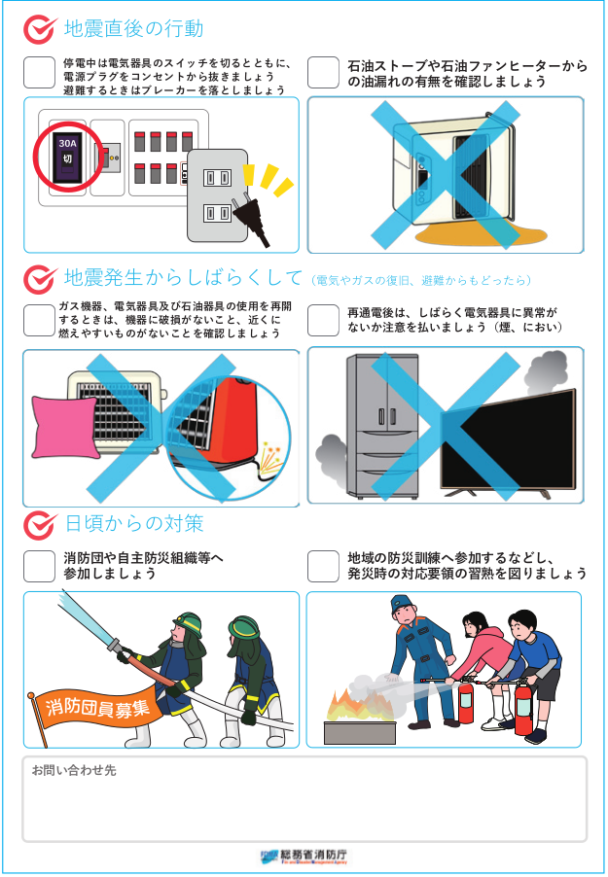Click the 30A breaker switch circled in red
point(67,157)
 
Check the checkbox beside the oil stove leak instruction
point(323,73)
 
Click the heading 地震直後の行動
point(133,28)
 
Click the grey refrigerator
point(382,426)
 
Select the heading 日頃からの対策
point(134,523)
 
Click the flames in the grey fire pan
point(358,706)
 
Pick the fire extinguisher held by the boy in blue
point(523,707)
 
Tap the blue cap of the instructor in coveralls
point(402,603)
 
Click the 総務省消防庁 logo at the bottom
point(304,857)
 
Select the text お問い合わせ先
point(74,770)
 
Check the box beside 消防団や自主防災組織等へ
point(39,566)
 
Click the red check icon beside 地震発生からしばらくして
point(40,279)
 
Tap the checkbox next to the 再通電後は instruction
point(323,321)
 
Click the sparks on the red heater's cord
point(272,459)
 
